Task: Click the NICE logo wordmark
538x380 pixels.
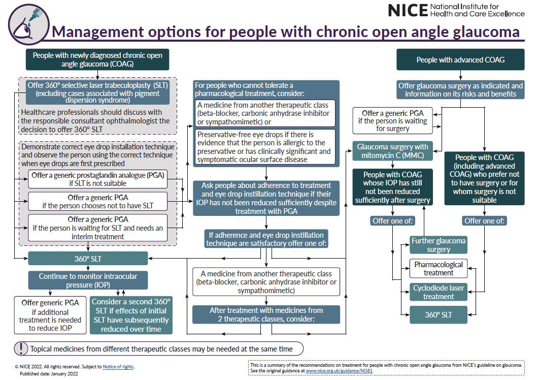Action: click(x=408, y=11)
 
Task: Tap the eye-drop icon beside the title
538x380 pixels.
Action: click(x=29, y=25)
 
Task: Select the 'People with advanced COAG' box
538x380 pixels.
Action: click(x=460, y=60)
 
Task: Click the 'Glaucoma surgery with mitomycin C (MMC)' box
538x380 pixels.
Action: click(x=392, y=151)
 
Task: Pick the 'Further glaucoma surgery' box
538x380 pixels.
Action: click(x=439, y=245)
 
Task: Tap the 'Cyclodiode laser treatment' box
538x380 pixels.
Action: click(x=439, y=292)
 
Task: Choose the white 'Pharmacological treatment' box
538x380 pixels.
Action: click(x=439, y=268)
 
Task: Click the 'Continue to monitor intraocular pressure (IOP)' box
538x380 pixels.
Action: click(x=88, y=280)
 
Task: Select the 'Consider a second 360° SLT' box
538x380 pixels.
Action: click(x=131, y=315)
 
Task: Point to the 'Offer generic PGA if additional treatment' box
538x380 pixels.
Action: click(x=50, y=315)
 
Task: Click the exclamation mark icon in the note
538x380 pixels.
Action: click(x=21, y=349)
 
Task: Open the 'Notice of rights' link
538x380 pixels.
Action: click(x=118, y=367)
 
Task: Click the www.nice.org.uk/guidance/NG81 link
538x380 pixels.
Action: click(x=339, y=371)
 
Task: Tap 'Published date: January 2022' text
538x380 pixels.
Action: click(x=49, y=374)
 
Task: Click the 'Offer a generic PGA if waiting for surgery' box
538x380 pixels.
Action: click(x=392, y=120)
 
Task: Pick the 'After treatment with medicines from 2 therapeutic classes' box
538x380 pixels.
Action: click(x=266, y=314)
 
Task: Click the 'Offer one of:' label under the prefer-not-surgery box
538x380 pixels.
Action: click(x=485, y=221)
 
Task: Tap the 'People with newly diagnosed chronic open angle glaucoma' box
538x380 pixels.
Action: click(x=97, y=59)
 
